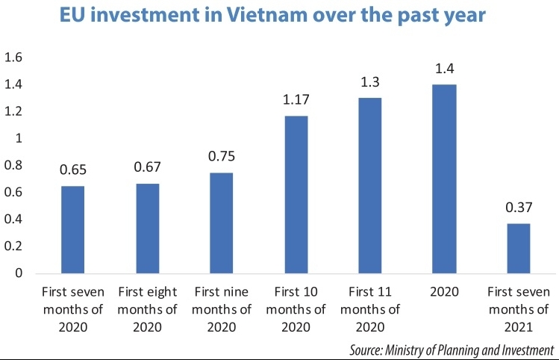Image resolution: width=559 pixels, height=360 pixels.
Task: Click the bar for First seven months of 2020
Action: click(73, 230)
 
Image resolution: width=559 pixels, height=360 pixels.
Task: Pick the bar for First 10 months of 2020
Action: click(296, 195)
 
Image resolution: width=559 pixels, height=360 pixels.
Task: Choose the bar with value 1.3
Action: click(369, 186)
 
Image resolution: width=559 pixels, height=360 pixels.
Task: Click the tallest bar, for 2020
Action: click(445, 179)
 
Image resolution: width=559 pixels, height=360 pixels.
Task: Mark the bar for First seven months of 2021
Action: click(519, 249)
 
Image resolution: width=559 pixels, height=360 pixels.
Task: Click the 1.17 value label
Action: click(296, 100)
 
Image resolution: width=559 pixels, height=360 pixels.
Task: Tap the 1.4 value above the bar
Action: click(445, 69)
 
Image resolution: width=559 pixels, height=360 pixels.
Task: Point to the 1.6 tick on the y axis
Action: click(15, 58)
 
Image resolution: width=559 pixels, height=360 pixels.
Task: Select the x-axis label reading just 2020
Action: click(445, 292)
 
